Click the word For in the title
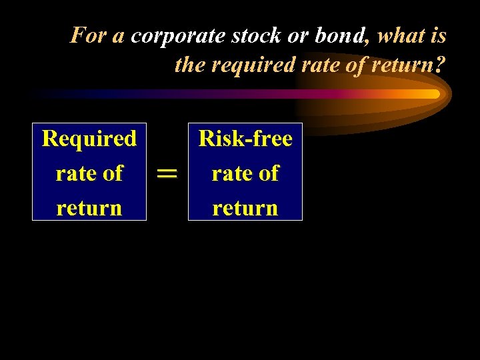pyautogui.click(x=88, y=35)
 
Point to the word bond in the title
pyautogui.click(x=342, y=35)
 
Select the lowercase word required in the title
pyautogui.click(x=249, y=65)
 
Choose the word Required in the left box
pyautogui.click(x=89, y=139)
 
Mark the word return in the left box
pyautogui.click(x=89, y=208)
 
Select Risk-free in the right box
pyautogui.click(x=245, y=139)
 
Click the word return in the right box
pyautogui.click(x=245, y=208)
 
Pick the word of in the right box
pyautogui.click(x=269, y=173)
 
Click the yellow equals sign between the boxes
pyautogui.click(x=167, y=173)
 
